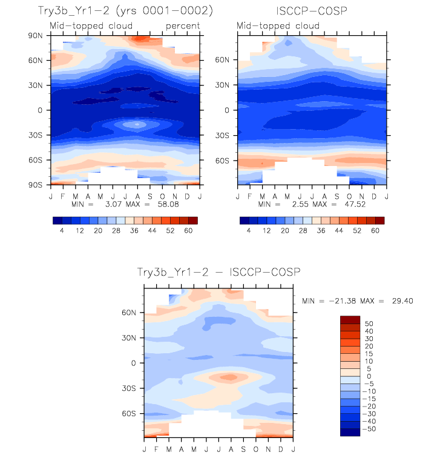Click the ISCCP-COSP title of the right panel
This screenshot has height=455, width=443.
311,11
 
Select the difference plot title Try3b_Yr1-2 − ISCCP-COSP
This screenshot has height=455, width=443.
218,273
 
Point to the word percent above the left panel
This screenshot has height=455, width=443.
183,25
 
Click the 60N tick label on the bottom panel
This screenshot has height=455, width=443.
130,313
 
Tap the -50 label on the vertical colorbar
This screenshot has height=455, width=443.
369,428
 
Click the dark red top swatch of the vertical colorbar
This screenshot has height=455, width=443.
350,319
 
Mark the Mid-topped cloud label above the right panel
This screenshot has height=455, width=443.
271,25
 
